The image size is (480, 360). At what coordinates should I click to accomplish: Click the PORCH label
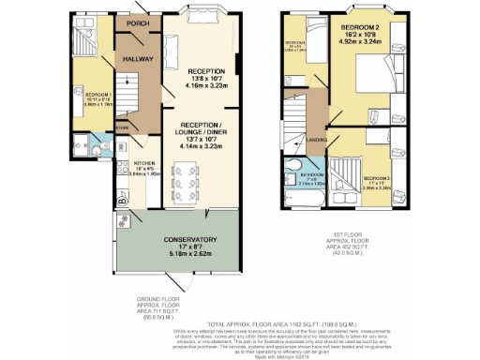[x=138, y=24]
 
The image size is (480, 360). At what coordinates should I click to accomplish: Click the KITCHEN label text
[x=130, y=162]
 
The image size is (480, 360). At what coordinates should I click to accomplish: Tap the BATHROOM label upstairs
[x=311, y=175]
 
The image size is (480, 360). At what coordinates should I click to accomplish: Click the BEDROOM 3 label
[x=379, y=177]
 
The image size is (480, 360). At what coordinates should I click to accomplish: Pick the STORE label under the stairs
[x=122, y=127]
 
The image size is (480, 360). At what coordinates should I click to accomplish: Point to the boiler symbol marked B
[x=123, y=198]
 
